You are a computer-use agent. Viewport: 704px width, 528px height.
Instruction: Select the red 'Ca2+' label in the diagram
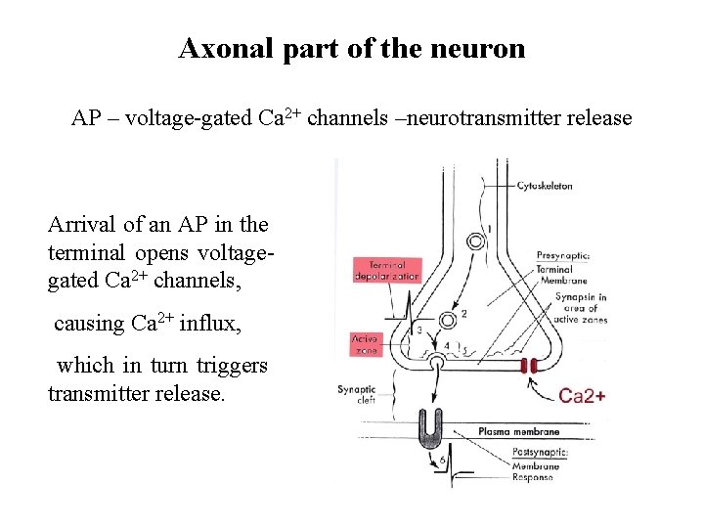click(582, 397)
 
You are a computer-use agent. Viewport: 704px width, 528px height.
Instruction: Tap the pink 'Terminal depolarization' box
click(386, 270)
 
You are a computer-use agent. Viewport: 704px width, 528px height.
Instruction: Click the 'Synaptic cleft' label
click(357, 394)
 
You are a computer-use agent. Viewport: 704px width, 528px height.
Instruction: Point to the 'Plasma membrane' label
click(518, 431)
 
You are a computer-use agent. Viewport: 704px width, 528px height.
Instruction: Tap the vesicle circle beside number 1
click(475, 240)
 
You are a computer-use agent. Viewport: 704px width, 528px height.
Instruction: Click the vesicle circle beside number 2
click(449, 320)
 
